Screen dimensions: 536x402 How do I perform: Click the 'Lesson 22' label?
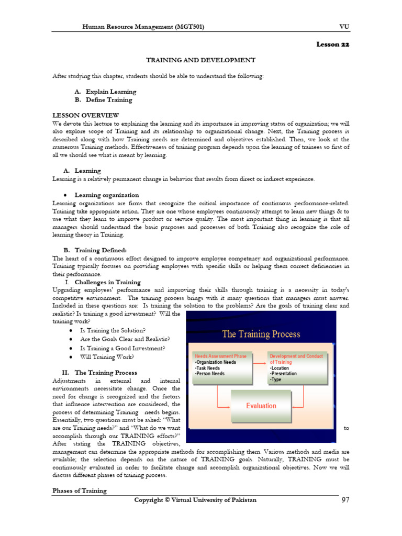pos(332,44)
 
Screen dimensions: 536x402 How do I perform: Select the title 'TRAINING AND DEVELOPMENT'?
pos(200,60)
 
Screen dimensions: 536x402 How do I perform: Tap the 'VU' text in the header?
pos(344,26)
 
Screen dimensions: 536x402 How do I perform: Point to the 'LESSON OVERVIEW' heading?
pos(86,115)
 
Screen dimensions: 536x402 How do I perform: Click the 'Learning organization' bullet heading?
pos(107,195)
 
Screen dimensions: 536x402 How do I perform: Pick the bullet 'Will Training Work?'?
pos(107,357)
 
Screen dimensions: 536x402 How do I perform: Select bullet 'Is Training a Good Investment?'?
pos(122,348)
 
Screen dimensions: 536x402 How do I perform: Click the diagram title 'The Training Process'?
pos(261,334)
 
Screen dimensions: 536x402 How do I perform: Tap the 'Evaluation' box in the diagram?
pos(261,406)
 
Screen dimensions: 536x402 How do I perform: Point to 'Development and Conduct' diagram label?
pos(296,356)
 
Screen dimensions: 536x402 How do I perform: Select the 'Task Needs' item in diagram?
pos(208,368)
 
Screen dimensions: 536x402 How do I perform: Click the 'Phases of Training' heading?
pos(79,490)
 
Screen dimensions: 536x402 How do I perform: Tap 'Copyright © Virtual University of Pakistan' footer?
pos(195,500)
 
